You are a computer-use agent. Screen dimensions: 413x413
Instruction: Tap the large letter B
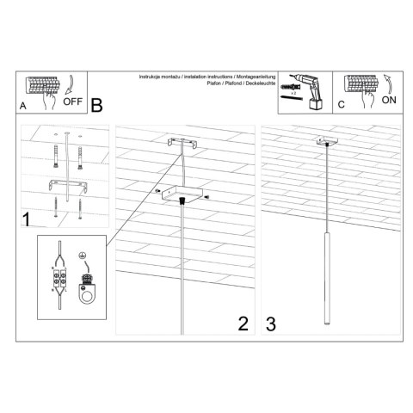pos(96,106)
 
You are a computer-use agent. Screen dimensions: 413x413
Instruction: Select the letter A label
pos(23,106)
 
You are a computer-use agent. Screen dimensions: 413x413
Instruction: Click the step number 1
pos(27,219)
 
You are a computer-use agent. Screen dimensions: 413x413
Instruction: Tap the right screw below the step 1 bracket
pos(78,206)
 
